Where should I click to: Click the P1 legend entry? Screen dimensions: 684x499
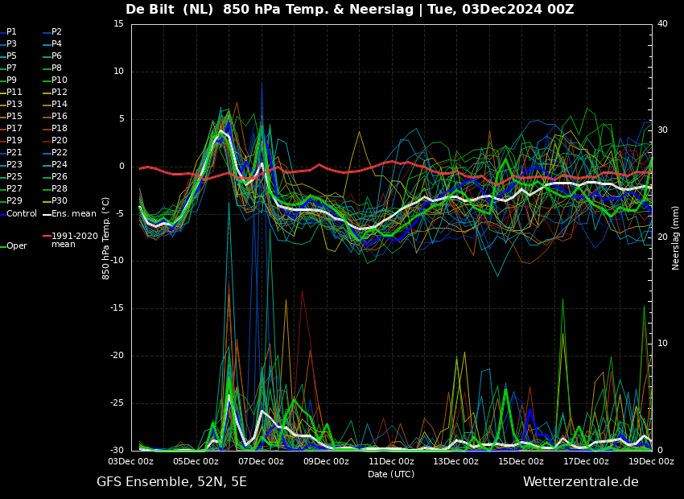[9, 32]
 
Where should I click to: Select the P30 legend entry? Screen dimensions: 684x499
[56, 200]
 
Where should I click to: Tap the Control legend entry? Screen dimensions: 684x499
[19, 214]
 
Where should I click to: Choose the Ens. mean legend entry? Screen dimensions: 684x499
[70, 214]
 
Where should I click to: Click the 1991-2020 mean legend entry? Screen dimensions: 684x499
[71, 240]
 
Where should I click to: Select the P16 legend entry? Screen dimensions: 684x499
[56, 117]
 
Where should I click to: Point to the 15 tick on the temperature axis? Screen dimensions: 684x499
[118, 24]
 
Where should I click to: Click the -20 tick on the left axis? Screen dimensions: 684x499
[117, 356]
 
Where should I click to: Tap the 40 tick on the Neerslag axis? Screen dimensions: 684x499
[662, 24]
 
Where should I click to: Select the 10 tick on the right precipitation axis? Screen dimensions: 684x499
[662, 344]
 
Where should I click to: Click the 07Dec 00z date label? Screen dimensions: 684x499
[262, 461]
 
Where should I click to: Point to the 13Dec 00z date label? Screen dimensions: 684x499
[456, 461]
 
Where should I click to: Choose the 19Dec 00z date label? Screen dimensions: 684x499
[652, 461]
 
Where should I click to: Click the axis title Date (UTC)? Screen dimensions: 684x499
[391, 474]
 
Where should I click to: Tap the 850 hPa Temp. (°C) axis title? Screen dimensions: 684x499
[106, 238]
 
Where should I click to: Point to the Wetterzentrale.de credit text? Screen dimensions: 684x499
[581, 482]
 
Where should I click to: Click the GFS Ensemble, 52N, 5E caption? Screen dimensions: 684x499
[171, 482]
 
